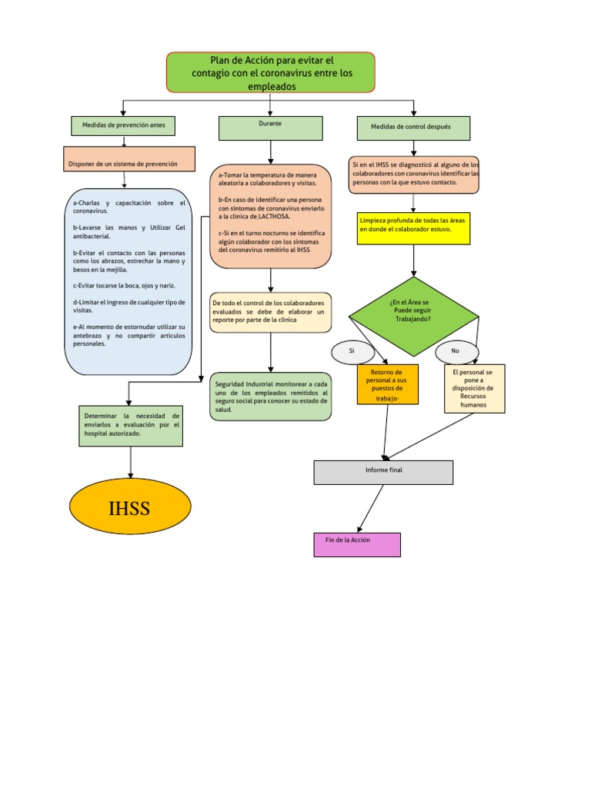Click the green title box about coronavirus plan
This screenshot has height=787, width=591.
pos(270,72)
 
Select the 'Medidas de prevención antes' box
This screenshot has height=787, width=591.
pos(123,125)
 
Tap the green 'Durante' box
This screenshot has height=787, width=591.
pos(270,128)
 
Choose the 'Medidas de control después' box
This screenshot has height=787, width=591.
pos(413,128)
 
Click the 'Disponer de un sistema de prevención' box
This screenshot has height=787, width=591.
pos(122,163)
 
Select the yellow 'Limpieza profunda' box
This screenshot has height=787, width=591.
pos(414,228)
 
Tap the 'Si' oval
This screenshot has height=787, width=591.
pos(352,350)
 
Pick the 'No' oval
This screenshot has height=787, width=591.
pos(455,350)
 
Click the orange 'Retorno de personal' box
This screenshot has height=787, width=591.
pos(388,384)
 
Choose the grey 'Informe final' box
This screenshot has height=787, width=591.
pos(383,472)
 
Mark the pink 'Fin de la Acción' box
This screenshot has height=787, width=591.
pos(357,544)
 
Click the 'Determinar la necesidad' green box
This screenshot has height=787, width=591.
pos(132,425)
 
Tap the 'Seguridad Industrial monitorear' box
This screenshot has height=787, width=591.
pos(270,397)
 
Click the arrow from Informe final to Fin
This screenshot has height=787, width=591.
pos(370,508)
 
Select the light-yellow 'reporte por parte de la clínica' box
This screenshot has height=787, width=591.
pos(270,312)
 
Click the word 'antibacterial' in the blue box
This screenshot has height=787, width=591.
pos(92,236)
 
